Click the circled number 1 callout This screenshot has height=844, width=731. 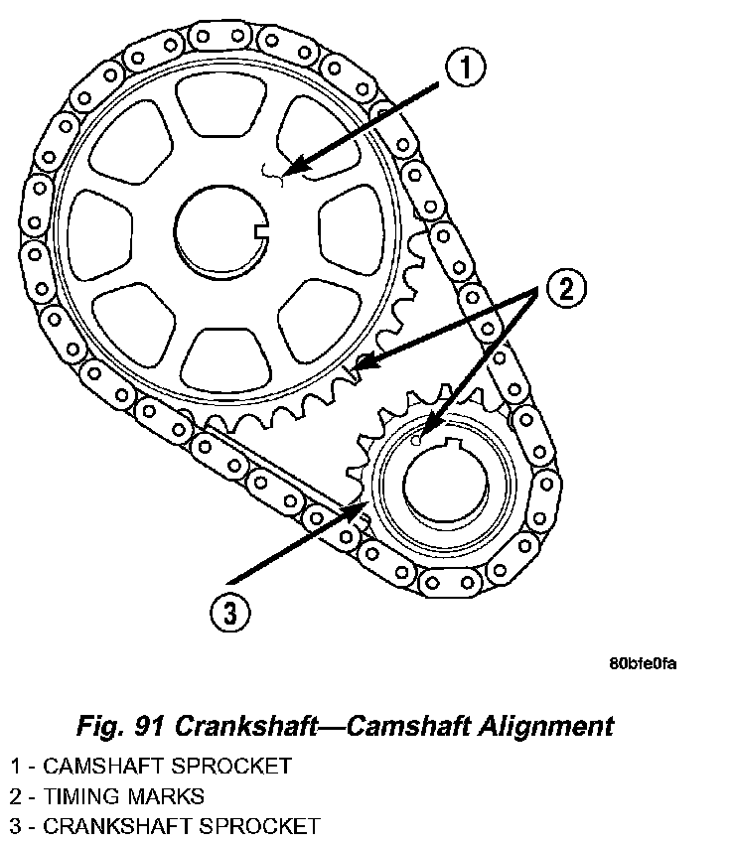(465, 69)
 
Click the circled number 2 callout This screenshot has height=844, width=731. (564, 289)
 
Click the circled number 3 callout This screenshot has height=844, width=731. (229, 613)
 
